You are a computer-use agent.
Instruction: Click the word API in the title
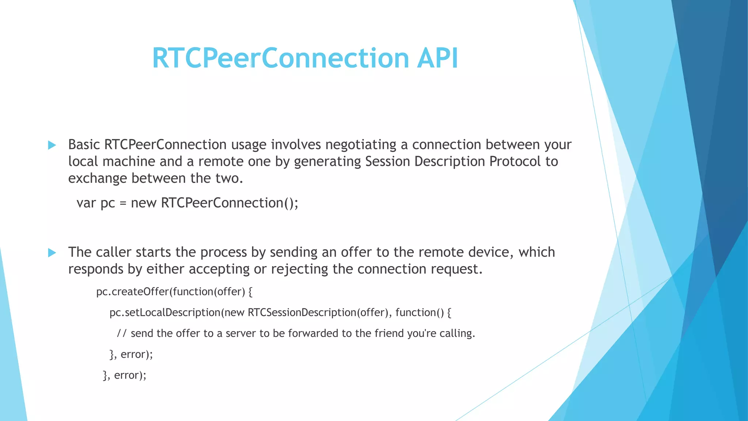tap(437, 58)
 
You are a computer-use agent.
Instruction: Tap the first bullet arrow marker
tap(52, 145)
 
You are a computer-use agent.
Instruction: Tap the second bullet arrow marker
tap(52, 253)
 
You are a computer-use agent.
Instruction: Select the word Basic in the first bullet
tap(84, 145)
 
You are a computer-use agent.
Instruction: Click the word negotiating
tap(360, 145)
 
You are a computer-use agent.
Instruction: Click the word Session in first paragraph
tap(388, 162)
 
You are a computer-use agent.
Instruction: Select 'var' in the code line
tap(86, 203)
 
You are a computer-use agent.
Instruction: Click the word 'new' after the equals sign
tap(144, 203)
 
